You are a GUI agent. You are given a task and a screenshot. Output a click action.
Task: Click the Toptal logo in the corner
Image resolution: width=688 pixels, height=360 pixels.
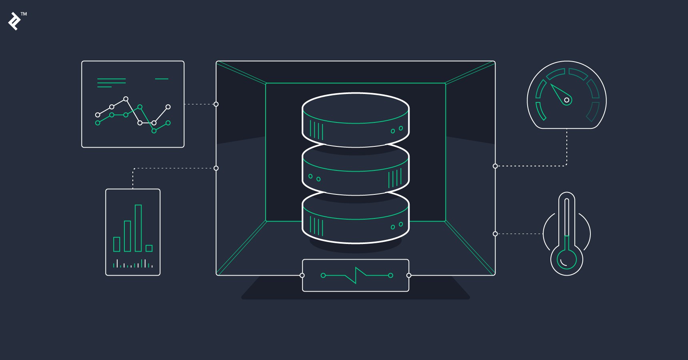pos(15,21)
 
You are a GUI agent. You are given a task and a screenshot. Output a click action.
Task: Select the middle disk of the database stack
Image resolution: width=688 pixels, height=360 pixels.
pos(356,170)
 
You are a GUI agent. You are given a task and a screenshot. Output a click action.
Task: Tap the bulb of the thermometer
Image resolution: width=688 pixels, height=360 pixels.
pos(567,260)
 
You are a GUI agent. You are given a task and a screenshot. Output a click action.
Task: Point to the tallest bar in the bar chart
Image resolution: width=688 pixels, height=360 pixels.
pos(138,228)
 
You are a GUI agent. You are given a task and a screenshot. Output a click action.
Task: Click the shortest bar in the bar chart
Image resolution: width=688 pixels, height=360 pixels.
pos(149,248)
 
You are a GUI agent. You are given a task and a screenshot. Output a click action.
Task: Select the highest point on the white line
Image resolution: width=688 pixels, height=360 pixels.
pos(126,99)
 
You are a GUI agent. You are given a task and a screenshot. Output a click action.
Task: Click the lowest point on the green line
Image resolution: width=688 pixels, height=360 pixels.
pos(154,131)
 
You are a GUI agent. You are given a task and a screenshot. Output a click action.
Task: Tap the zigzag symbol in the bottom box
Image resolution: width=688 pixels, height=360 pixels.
pos(356,275)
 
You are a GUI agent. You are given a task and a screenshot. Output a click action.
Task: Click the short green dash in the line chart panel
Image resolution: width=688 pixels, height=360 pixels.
pos(162,79)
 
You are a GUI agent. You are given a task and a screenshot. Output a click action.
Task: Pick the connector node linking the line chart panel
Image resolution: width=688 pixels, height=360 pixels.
pos(216,104)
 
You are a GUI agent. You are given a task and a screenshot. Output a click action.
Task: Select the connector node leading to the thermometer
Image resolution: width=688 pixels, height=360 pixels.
pos(495,234)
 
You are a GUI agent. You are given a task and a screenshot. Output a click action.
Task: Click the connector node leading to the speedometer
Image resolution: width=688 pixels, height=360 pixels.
pos(495,166)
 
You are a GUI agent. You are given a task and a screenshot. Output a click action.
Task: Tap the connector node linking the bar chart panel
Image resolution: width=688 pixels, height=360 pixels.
pos(216,168)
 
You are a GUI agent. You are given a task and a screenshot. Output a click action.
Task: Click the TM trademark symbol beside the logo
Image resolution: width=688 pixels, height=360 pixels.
pos(24,14)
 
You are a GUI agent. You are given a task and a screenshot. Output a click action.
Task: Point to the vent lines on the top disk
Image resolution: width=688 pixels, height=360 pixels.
pos(316,130)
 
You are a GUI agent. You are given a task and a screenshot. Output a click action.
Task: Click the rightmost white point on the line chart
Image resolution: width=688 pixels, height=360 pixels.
pos(168,107)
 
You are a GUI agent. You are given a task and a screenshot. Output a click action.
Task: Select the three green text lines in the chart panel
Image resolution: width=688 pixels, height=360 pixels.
pos(111,83)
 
